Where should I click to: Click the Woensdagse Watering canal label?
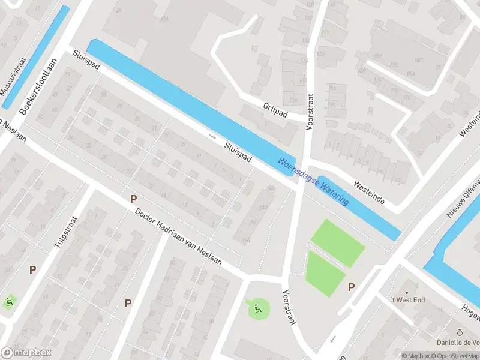313,182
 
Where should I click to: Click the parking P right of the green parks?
351,287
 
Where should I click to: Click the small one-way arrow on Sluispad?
212,137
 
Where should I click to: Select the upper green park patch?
337,242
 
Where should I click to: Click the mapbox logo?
26,353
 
